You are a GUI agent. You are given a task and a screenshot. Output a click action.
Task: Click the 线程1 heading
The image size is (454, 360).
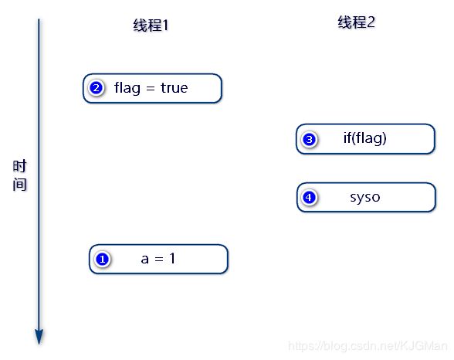tap(151, 25)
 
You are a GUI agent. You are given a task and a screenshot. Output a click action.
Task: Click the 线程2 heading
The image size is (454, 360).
tap(356, 22)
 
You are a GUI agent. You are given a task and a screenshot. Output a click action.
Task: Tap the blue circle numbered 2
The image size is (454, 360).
tap(97, 88)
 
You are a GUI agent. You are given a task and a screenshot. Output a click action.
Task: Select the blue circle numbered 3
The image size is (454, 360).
tap(309, 139)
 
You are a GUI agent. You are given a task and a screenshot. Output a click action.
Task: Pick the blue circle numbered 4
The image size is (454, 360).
tap(309, 198)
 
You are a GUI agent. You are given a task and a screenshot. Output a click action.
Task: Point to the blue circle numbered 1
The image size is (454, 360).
tap(103, 260)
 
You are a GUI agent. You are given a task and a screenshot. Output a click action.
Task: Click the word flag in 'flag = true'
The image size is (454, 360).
tap(127, 88)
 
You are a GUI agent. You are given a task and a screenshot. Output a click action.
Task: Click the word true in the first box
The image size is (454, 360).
tap(174, 87)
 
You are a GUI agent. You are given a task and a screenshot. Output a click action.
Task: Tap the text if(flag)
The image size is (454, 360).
tap(364, 138)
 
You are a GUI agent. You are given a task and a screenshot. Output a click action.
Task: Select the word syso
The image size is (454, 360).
tap(364, 198)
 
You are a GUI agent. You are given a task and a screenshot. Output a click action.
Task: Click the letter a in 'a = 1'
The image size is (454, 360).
tap(145, 259)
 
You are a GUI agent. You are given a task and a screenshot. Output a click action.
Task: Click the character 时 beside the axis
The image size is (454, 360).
tap(19, 166)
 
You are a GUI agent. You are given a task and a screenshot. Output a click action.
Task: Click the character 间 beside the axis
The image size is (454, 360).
tap(19, 185)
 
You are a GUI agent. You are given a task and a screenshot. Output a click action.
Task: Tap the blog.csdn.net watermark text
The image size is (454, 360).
tap(368, 346)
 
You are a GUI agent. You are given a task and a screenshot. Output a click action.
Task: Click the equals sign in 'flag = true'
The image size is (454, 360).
tap(151, 88)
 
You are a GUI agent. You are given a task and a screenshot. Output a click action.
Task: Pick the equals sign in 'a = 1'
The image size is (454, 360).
tap(159, 260)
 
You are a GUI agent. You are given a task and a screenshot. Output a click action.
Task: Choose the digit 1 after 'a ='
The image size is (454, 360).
tap(173, 258)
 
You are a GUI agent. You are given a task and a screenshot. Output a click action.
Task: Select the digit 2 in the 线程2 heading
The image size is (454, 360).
tap(371, 22)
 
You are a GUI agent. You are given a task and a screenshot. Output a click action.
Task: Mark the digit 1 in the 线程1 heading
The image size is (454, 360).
tap(165, 25)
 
